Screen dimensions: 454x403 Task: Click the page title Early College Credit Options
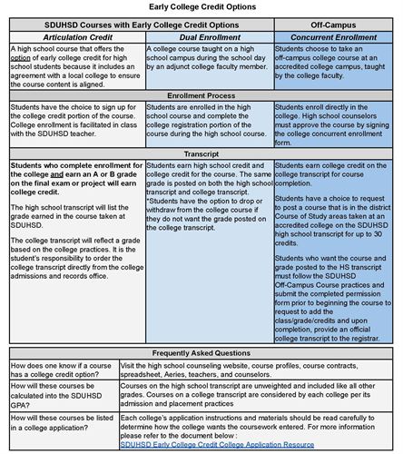(201, 7)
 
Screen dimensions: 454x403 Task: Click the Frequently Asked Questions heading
(201, 351)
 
